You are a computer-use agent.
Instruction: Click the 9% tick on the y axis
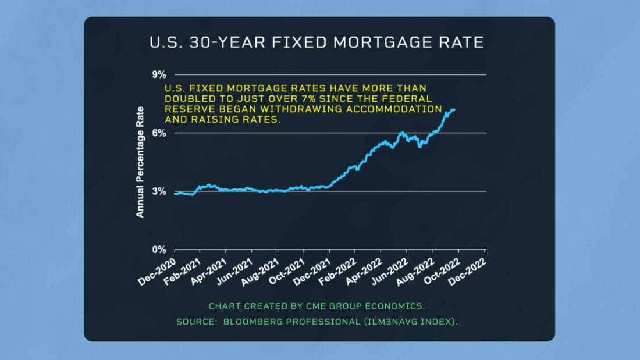point(159,74)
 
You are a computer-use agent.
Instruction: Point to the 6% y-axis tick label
point(159,133)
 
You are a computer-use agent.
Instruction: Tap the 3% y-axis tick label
point(159,191)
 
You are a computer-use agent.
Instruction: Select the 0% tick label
point(159,249)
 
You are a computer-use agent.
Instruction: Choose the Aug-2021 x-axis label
point(261,269)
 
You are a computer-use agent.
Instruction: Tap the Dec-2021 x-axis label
point(314,269)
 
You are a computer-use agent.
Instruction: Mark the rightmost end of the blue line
point(455,109)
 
